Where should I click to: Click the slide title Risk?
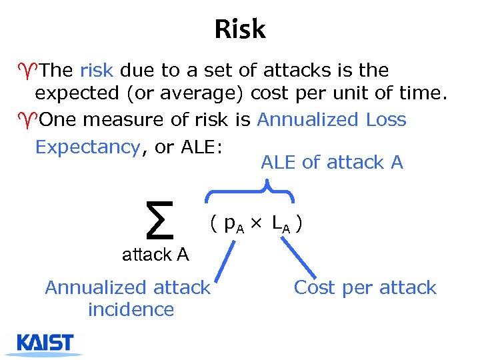(x=240, y=29)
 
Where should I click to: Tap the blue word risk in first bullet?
(x=97, y=70)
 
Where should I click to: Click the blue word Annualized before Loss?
(x=307, y=120)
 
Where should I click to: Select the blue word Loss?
(x=386, y=120)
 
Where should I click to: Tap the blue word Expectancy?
(x=87, y=147)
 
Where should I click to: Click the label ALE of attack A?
(x=332, y=162)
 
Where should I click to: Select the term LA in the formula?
(x=281, y=225)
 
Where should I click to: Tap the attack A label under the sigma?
(x=155, y=254)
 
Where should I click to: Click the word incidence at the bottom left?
(x=131, y=310)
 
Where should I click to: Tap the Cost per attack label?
(x=365, y=288)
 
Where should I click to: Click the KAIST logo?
(x=45, y=344)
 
